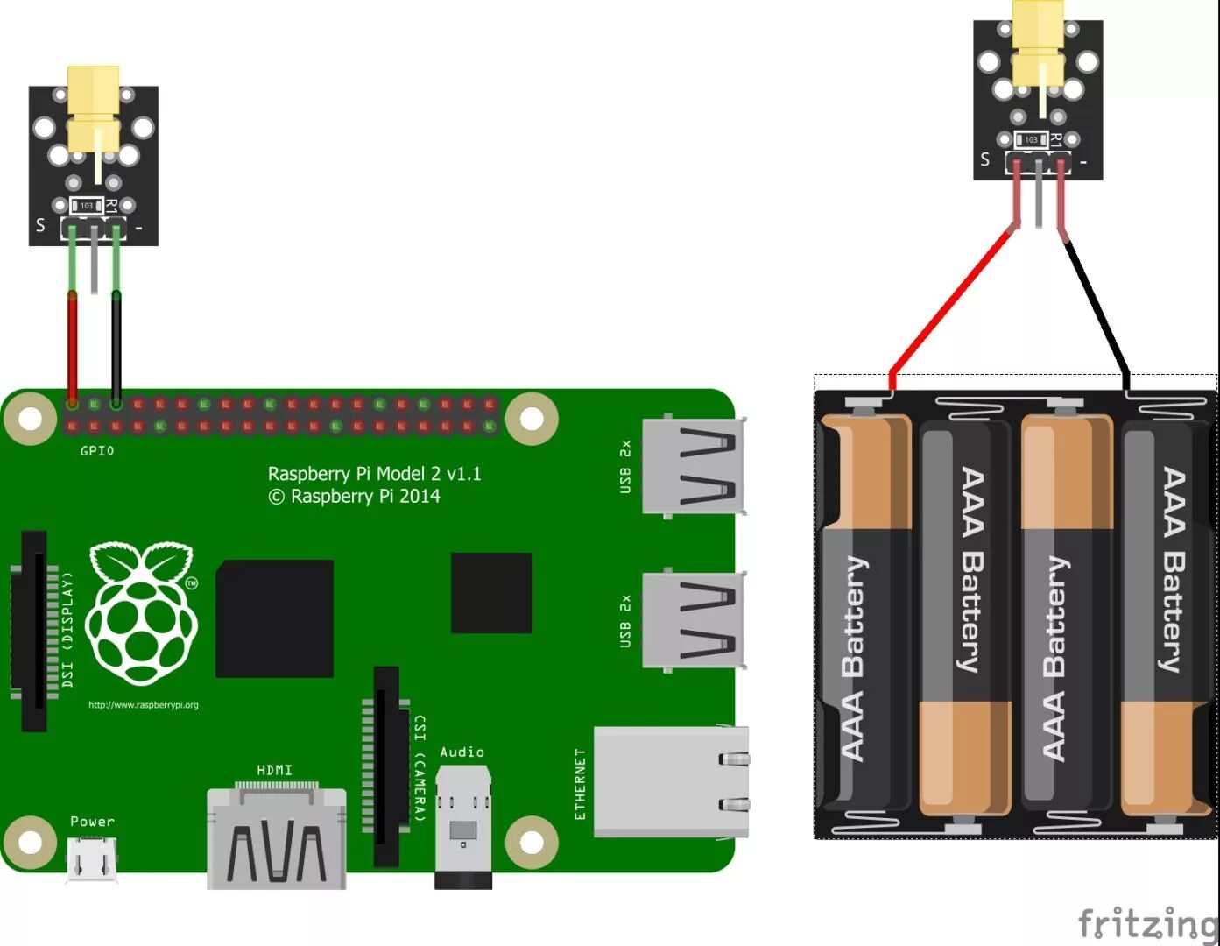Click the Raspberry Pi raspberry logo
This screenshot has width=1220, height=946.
[142, 613]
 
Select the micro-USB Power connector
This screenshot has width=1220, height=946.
[91, 858]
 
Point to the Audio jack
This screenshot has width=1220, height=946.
[462, 827]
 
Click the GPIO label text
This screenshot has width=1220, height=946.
[97, 451]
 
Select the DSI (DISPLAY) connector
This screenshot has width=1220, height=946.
[33, 631]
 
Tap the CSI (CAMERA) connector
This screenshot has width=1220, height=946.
[386, 766]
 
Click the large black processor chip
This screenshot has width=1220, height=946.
[274, 618]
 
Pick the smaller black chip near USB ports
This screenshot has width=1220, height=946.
[491, 592]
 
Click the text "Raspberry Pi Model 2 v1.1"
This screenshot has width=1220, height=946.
[374, 474]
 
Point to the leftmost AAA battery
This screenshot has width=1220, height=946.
[865, 613]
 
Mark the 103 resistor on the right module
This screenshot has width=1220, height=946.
[1031, 140]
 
